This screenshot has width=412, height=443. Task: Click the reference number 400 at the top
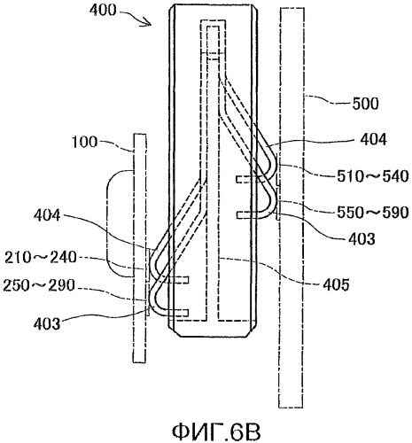[104, 11]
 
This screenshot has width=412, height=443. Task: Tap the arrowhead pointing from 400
[148, 22]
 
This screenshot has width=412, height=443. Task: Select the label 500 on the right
[365, 104]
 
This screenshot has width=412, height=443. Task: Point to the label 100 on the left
[84, 143]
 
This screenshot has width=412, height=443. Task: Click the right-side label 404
[373, 139]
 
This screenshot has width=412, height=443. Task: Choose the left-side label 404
[47, 215]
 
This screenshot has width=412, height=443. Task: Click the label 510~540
[373, 176]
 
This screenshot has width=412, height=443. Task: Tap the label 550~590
[373, 213]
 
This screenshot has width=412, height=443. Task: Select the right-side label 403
[361, 238]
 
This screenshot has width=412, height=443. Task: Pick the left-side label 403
[47, 324]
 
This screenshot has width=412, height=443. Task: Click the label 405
[336, 285]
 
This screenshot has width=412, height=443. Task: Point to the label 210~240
[41, 258]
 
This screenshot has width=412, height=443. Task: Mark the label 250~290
[39, 285]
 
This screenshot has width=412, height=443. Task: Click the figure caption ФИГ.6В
[216, 432]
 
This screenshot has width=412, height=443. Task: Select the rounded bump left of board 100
[107, 223]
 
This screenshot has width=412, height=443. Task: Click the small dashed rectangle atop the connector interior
[214, 39]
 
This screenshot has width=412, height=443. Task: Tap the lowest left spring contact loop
[153, 299]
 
